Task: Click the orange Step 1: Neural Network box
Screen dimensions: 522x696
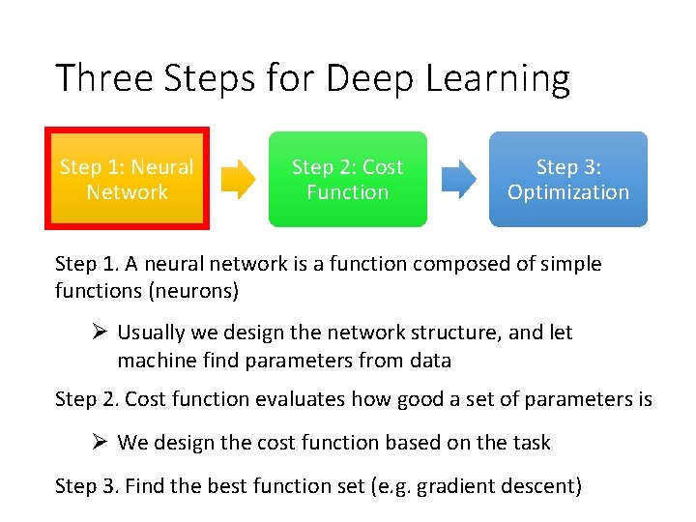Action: [127, 179]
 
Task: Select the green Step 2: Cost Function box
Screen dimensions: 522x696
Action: [347, 179]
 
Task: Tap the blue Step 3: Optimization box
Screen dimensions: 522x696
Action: [567, 179]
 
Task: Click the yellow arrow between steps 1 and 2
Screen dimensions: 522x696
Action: [238, 179]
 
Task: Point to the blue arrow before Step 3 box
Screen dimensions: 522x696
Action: [459, 179]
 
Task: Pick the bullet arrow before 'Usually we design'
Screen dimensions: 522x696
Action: [97, 333]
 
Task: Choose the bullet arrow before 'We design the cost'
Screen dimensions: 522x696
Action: [97, 443]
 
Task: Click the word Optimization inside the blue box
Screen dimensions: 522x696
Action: [568, 191]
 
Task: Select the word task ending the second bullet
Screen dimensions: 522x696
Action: [530, 443]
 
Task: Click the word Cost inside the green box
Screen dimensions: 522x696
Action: [382, 167]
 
